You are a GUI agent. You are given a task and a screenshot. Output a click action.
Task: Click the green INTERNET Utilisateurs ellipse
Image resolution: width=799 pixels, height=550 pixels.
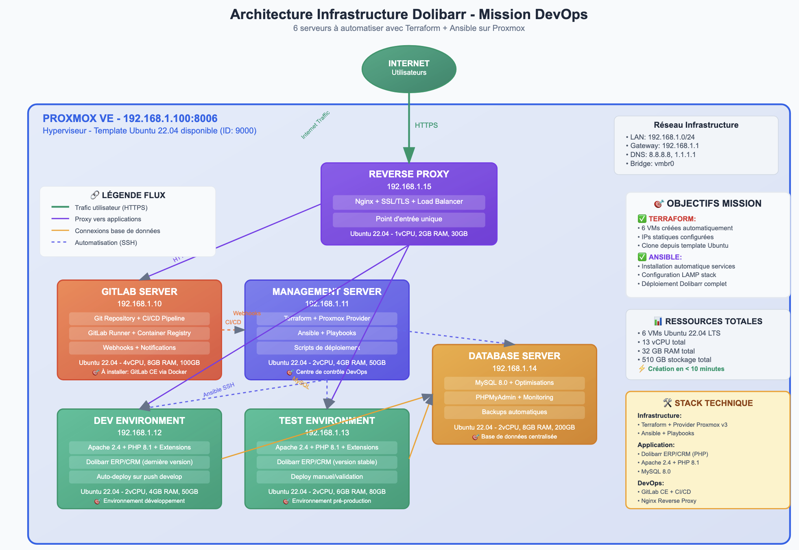[x=408, y=68]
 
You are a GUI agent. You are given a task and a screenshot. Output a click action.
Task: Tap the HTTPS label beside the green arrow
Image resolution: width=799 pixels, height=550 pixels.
[x=426, y=125]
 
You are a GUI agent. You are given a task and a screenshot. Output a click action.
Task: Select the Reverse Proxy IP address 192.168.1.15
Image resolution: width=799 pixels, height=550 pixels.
[x=408, y=187]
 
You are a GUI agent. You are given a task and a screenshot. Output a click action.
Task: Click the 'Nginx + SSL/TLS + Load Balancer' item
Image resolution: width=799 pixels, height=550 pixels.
[x=408, y=202]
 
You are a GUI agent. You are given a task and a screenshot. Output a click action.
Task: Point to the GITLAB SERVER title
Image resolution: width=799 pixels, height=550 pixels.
[x=139, y=292]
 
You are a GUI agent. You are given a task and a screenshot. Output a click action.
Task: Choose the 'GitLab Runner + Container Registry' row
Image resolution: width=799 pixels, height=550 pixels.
[x=139, y=333]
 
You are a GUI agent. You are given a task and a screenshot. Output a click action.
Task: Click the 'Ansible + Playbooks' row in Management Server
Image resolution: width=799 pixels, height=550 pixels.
[x=327, y=333]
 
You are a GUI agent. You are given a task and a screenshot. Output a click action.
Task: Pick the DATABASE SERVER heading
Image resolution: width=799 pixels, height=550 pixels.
[x=514, y=356]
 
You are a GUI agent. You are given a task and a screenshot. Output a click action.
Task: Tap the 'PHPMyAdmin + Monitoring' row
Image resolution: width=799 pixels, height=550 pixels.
[x=514, y=397]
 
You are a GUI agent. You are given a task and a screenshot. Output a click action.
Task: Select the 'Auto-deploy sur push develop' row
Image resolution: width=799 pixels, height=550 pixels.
[x=139, y=477]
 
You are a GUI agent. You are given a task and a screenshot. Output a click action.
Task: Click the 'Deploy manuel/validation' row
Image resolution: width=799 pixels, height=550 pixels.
[x=327, y=477]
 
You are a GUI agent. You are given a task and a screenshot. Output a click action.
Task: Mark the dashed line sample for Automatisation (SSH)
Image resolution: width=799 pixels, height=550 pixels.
[x=59, y=242]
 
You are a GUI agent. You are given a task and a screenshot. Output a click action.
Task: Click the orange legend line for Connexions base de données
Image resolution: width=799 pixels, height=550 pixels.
[x=60, y=231]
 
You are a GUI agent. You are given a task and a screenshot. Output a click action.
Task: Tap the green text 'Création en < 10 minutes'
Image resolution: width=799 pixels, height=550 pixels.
[x=686, y=369]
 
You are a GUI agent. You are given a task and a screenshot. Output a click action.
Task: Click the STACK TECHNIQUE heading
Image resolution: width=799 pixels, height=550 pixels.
[x=713, y=403]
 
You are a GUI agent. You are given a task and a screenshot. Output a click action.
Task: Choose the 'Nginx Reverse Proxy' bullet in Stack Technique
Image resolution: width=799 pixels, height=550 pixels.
[x=668, y=501]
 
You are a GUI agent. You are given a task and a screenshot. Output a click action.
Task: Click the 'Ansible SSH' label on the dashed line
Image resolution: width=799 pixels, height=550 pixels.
[x=219, y=390]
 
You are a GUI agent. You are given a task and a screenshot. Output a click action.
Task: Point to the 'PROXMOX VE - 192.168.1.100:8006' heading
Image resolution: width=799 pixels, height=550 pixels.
[x=130, y=118]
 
